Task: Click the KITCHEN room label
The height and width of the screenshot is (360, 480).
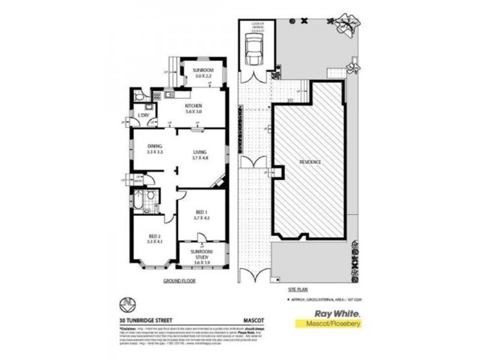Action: point(184,106)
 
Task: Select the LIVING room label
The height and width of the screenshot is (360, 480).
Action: point(200,152)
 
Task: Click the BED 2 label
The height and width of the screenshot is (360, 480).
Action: point(155,237)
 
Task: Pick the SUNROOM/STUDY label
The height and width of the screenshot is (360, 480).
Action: point(202,254)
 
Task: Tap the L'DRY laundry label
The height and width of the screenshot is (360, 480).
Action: point(144,115)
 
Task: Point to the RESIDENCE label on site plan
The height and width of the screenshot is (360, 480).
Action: point(310,162)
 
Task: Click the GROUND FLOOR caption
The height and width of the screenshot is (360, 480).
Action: point(179,280)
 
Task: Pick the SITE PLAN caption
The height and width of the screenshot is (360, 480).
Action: point(298,289)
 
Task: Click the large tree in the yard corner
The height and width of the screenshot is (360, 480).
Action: point(346,25)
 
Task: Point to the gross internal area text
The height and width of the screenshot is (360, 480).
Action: point(325,299)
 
